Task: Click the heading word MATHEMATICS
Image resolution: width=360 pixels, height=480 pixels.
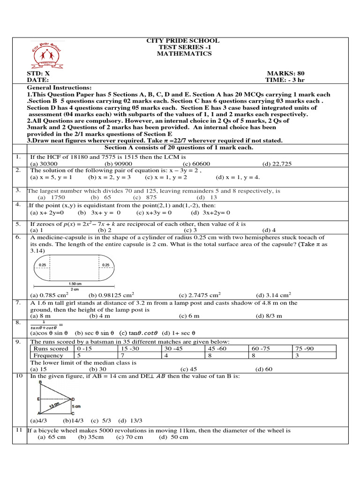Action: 184,54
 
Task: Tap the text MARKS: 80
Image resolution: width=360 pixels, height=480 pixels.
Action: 285,74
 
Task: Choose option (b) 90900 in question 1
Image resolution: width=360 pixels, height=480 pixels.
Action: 118,164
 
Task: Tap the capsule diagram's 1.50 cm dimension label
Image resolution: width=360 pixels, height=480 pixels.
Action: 75,284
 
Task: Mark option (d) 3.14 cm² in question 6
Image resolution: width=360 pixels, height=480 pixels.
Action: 273,295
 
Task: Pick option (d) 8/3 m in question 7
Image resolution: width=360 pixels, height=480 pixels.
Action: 269,316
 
